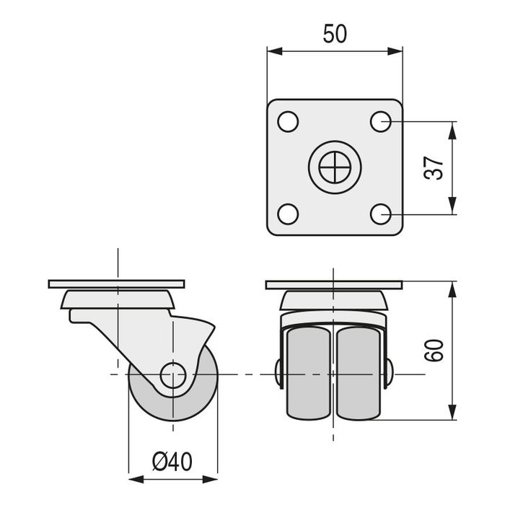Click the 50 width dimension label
coord(334,34)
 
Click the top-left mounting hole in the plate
coord(287,121)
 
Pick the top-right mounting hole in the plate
coord(381,121)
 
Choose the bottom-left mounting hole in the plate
coord(287,214)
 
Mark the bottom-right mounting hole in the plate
coord(381,214)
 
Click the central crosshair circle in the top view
coord(334,167)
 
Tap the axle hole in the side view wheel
coord(173,375)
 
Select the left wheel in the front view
coord(309,373)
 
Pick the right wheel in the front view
coord(358,373)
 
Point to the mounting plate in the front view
coord(333,284)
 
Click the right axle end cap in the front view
coord(388,374)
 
